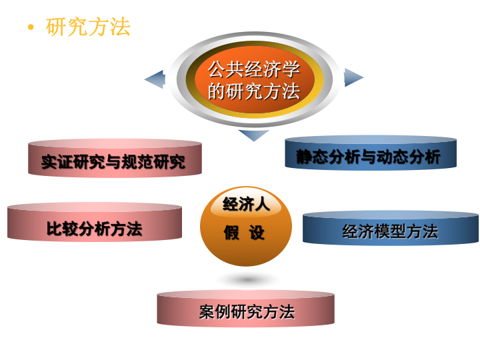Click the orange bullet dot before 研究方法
(30, 27)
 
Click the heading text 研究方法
(88, 27)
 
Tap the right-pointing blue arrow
(353, 77)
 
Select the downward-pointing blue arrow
(253, 135)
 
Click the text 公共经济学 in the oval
(253, 69)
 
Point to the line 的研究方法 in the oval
(253, 91)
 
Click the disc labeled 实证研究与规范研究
(115, 160)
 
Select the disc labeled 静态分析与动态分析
(371, 155)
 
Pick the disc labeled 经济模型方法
(391, 230)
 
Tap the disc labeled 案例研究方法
(246, 311)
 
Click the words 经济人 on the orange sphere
(246, 204)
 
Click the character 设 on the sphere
(257, 233)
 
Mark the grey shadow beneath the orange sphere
(247, 279)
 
